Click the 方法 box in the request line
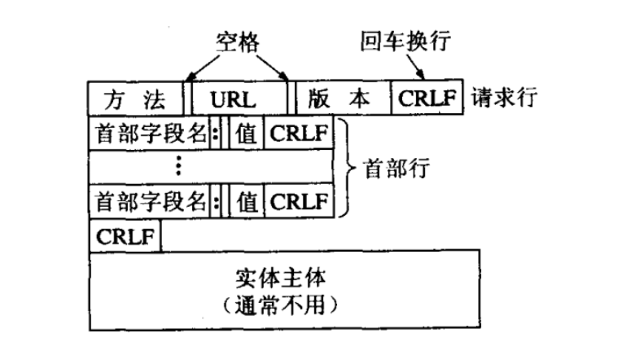coord(136,99)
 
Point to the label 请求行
coord(500,99)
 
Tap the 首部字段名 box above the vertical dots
coord(150,132)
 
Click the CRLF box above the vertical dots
coord(298,132)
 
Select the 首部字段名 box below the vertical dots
coord(150,200)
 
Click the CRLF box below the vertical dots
coord(298,200)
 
